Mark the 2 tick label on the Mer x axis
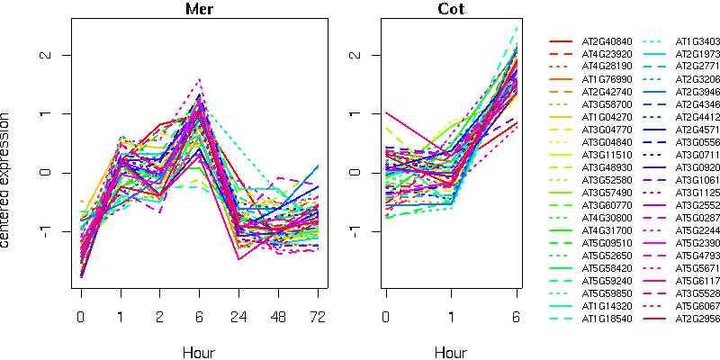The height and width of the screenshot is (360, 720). click(160, 318)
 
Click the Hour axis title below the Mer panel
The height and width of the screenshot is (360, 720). click(198, 352)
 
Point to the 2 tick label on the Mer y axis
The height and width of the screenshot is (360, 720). click(42, 55)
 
